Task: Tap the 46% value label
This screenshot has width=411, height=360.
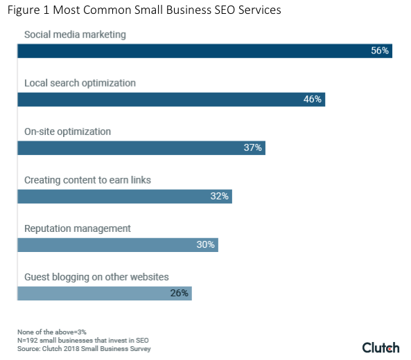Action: [313, 100]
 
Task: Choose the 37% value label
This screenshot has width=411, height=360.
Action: [252, 148]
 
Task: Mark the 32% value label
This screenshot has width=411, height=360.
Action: [219, 197]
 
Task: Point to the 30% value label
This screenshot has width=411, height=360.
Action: [206, 245]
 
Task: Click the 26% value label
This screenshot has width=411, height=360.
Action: [180, 294]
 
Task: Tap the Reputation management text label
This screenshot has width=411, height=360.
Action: [77, 228]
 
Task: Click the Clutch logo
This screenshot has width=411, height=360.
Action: [381, 347]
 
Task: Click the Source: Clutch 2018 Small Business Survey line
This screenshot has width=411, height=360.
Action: [84, 348]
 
